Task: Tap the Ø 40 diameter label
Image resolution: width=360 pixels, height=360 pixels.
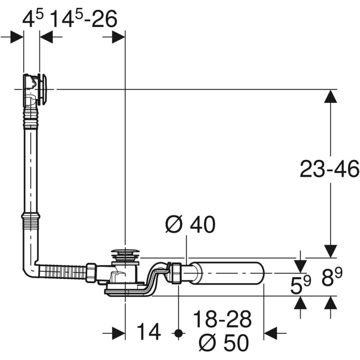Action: coord(190,225)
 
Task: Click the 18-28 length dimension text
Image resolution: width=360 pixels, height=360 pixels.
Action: coord(222,319)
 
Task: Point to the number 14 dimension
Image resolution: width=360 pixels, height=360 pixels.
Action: coord(148,332)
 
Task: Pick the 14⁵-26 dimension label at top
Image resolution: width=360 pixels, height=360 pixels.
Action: coord(84,20)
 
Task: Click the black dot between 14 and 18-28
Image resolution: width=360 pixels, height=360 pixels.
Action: coord(177,333)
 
